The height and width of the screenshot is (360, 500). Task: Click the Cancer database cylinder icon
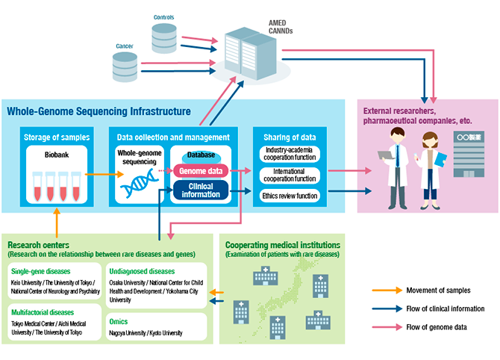[x=124, y=66]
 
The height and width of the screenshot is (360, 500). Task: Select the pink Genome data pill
[x=200, y=170]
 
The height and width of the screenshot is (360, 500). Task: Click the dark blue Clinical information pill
[x=200, y=190]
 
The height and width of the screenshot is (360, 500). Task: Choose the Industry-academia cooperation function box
[x=290, y=156]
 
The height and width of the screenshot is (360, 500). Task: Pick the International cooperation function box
[x=290, y=176]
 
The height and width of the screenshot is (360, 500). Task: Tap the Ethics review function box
[x=290, y=196]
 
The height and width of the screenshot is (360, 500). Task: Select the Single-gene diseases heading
[x=40, y=272]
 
